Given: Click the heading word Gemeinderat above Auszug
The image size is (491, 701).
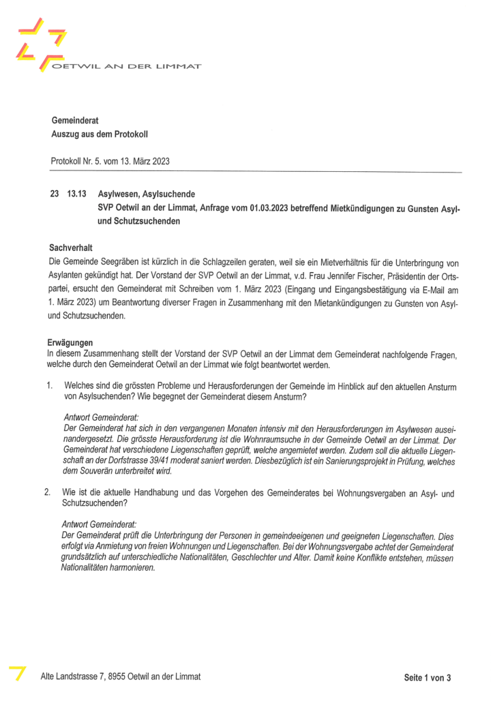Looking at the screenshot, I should tap(75, 120).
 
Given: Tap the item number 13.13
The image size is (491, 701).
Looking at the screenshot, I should tap(76, 194).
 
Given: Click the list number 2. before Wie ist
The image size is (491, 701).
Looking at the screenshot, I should tap(50, 492).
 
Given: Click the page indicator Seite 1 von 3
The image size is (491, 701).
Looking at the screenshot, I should tap(428, 677).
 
